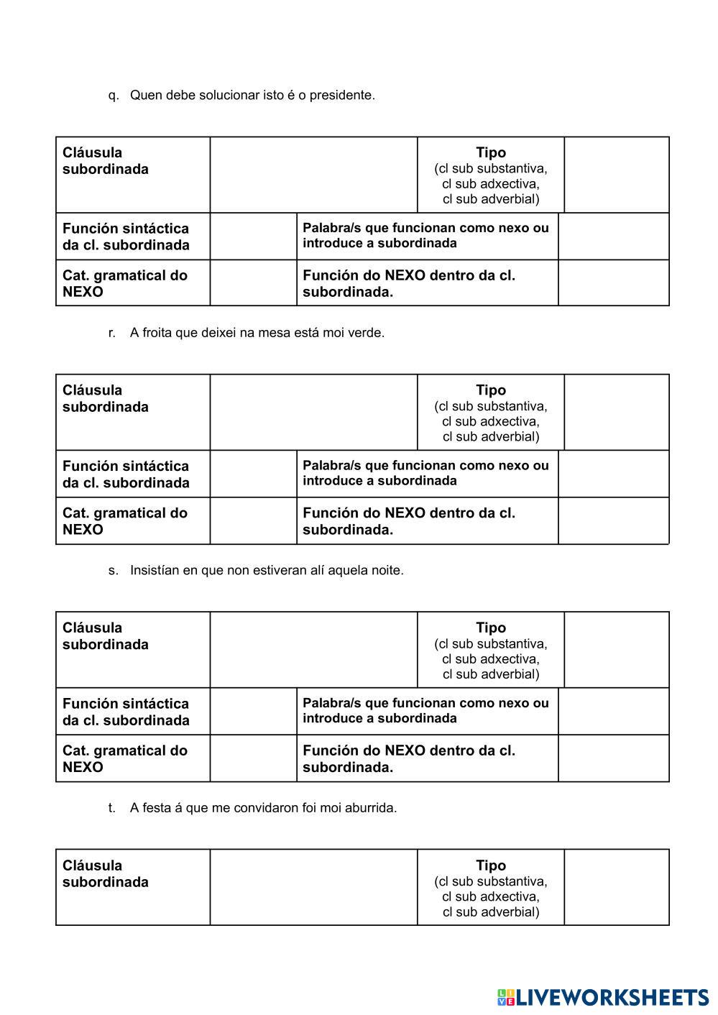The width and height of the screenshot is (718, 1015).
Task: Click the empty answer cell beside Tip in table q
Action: pyautogui.click(x=616, y=175)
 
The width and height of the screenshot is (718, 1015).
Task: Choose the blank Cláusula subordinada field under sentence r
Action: pyautogui.click(x=313, y=412)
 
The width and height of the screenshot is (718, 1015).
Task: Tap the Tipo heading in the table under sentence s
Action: pyautogui.click(x=491, y=628)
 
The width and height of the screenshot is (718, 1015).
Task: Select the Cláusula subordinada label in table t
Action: pyautogui.click(x=105, y=873)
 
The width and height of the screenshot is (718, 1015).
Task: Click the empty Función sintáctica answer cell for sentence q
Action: pyautogui.click(x=253, y=236)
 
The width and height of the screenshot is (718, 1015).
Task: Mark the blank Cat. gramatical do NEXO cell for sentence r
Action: pyautogui.click(x=253, y=521)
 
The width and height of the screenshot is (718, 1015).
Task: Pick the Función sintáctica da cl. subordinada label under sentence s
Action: pyautogui.click(x=126, y=712)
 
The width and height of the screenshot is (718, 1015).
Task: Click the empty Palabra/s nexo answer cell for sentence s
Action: pyautogui.click(x=613, y=712)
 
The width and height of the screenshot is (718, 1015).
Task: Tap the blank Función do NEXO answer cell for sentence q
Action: pyautogui.click(x=613, y=283)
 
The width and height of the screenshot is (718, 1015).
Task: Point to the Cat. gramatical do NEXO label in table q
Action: pyautogui.click(x=124, y=283)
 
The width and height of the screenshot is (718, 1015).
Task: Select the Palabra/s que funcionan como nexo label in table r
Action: pyautogui.click(x=425, y=473)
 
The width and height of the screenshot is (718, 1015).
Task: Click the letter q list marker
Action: pyautogui.click(x=114, y=96)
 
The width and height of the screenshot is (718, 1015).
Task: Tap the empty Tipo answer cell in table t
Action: pyautogui.click(x=616, y=888)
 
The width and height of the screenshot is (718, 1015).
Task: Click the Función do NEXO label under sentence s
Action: pyautogui.click(x=408, y=758)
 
